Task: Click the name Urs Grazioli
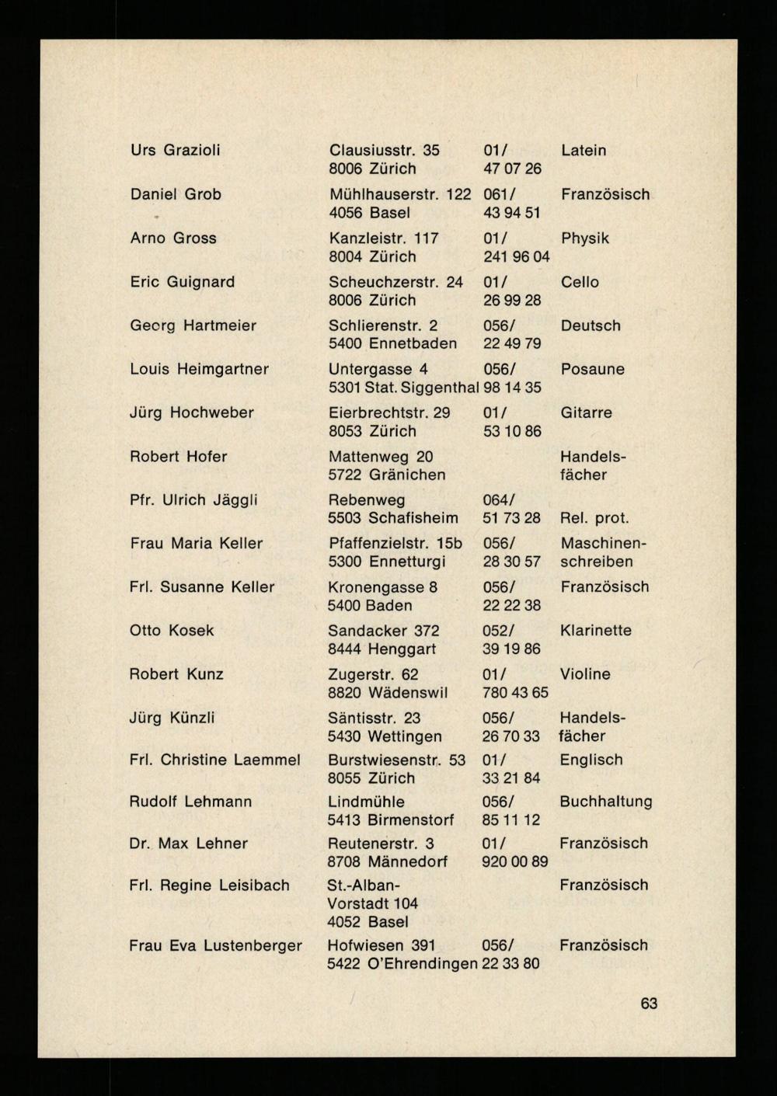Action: [x=175, y=150]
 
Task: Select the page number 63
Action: [x=649, y=1004]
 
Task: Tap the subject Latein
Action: [x=583, y=150]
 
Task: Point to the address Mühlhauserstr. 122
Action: [x=399, y=194]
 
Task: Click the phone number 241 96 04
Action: [x=516, y=256]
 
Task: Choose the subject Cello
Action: [x=580, y=282]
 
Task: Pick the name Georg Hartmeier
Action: [x=193, y=325]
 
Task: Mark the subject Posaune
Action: [x=592, y=369]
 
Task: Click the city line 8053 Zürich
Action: [x=372, y=431]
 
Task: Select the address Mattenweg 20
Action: [x=381, y=457]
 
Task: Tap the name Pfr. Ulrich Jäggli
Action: [x=193, y=500]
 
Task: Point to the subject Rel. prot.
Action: [x=594, y=518]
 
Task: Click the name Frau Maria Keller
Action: [x=196, y=544]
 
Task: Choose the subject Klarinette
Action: [x=595, y=631]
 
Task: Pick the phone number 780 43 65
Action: [x=515, y=692]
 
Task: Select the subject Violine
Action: [x=584, y=674]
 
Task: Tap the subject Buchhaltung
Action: [x=605, y=802]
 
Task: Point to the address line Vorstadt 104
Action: [x=372, y=903]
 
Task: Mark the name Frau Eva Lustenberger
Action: [x=215, y=945]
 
